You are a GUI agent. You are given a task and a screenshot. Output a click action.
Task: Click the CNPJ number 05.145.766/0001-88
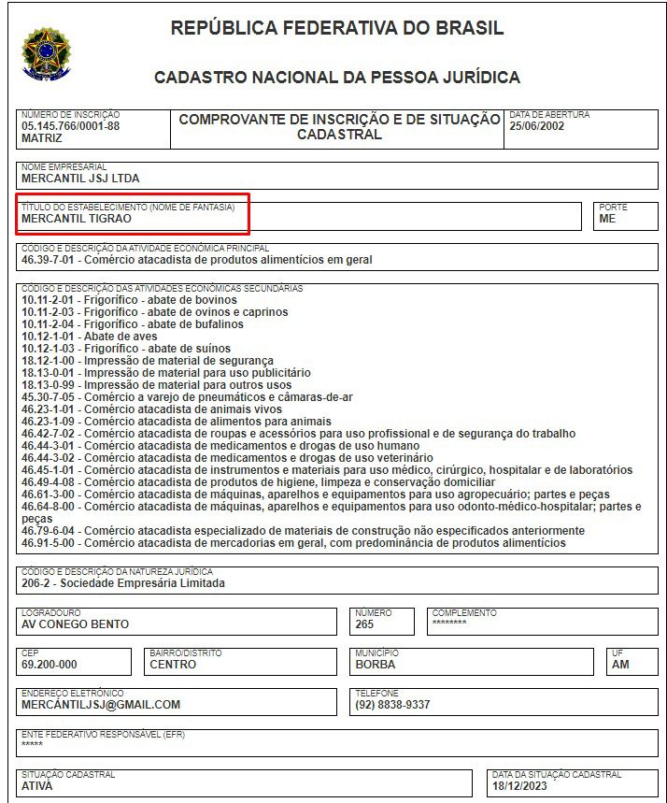coord(70,125)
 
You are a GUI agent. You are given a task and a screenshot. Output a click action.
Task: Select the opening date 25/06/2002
coord(535,125)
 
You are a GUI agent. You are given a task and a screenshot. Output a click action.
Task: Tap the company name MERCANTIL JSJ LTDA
coord(80,179)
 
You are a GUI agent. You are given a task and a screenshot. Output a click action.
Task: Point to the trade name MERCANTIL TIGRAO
coord(77,219)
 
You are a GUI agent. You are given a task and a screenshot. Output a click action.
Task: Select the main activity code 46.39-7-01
coord(49,260)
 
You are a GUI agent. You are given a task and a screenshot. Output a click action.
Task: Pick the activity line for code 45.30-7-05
coord(187,396)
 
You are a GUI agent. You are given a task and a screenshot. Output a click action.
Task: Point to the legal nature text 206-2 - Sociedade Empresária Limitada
coord(122,583)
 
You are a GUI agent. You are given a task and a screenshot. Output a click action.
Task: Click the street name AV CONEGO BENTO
coord(75,624)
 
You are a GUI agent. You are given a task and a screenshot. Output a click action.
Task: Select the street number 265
coord(364,624)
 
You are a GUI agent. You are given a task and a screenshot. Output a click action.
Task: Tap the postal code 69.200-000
coord(49,665)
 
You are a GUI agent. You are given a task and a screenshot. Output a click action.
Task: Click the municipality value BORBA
coord(376,665)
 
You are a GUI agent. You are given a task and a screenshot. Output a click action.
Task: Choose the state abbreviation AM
coord(620,665)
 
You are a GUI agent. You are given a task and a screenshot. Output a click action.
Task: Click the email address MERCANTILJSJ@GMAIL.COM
coord(101,705)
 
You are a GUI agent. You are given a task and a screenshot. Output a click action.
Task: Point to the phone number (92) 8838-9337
coord(392,705)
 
